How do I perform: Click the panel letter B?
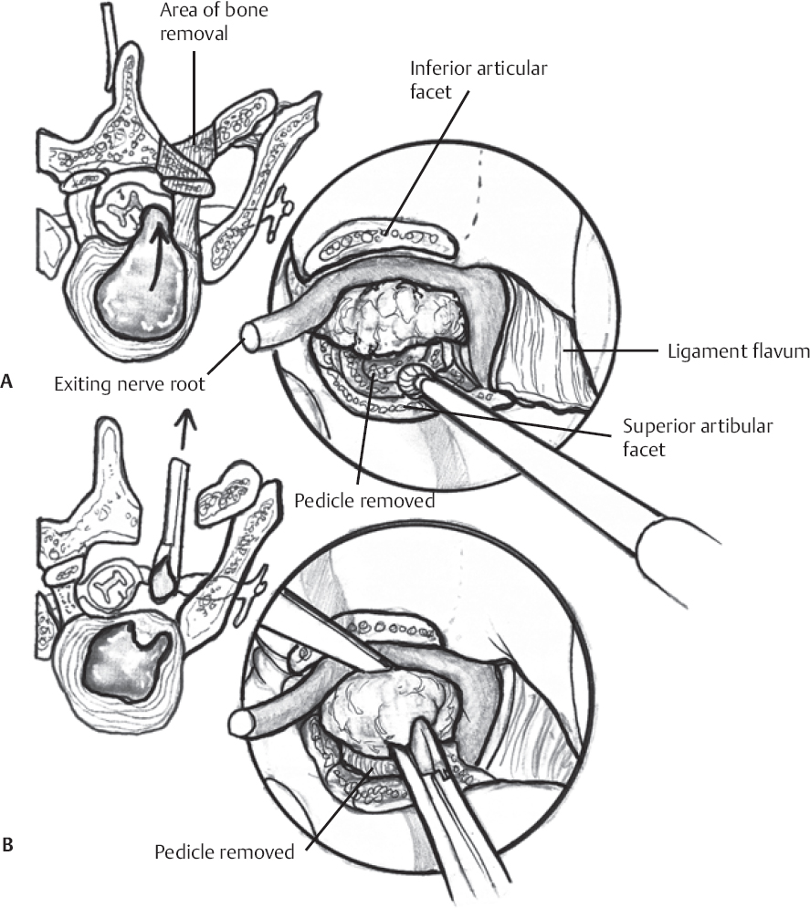coord(8,847)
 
